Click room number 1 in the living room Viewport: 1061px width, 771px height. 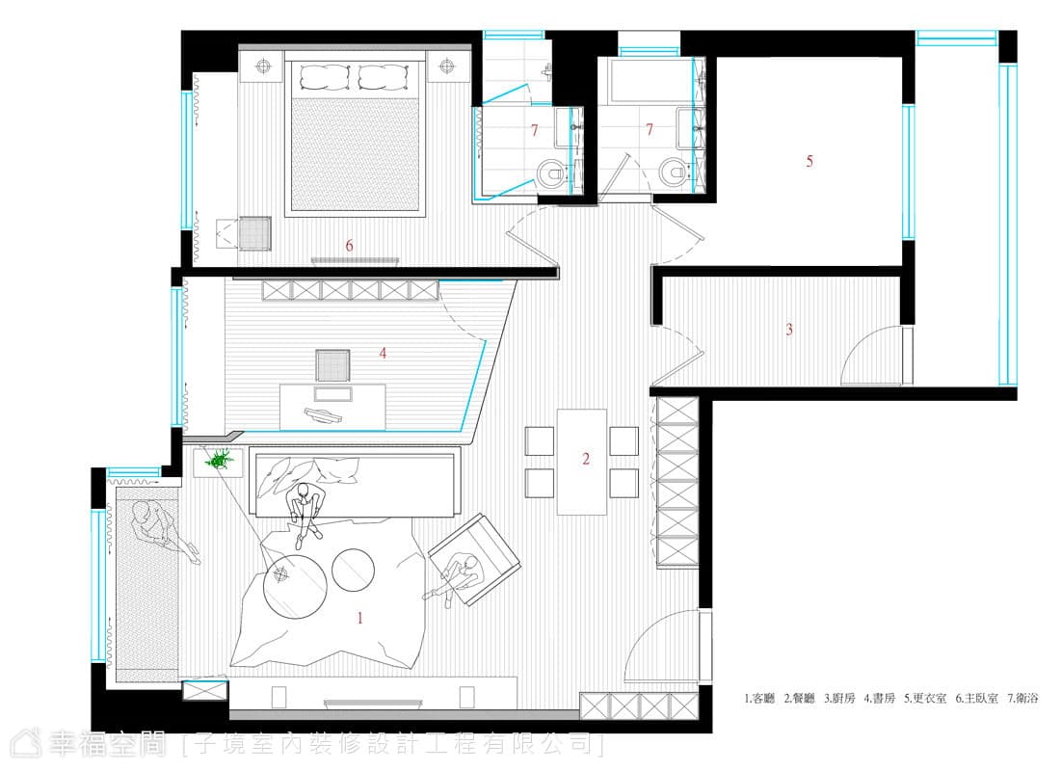(x=360, y=618)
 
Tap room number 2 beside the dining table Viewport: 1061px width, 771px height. (x=586, y=459)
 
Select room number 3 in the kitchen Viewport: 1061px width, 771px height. (x=789, y=330)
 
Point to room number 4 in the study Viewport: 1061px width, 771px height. (x=383, y=353)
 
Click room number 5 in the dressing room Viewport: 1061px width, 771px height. (x=809, y=161)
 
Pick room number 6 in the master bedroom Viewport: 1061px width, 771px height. (x=349, y=245)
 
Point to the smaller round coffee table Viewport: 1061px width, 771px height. (x=353, y=570)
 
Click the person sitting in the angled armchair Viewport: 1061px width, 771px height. (x=457, y=576)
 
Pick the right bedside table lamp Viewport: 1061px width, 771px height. (x=446, y=66)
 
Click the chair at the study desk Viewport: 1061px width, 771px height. (x=332, y=365)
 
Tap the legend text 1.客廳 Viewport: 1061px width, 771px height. (x=759, y=699)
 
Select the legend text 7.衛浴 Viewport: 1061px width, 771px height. (x=1022, y=699)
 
